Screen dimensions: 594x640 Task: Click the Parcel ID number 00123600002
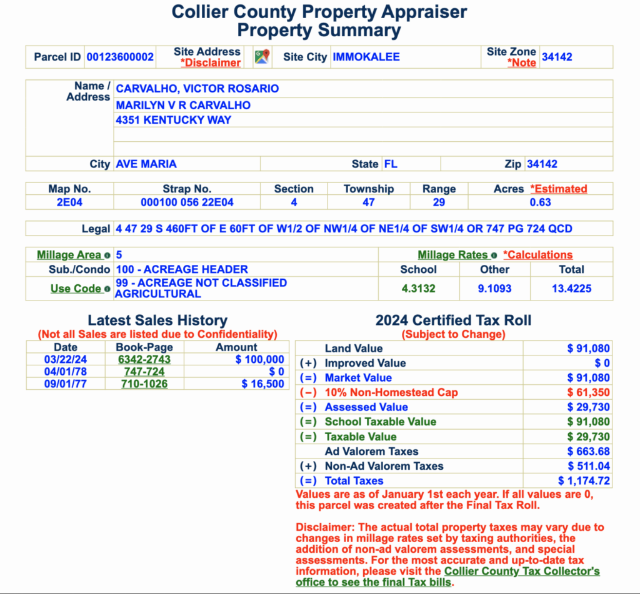tap(120, 57)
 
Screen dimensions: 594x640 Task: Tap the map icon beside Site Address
tap(261, 57)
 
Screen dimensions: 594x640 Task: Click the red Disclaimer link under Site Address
tap(211, 62)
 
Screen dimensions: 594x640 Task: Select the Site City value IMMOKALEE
tap(366, 57)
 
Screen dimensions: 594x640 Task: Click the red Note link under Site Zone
tap(522, 62)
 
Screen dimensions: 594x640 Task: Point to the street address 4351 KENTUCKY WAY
tap(174, 120)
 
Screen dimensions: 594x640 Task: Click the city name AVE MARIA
tap(146, 164)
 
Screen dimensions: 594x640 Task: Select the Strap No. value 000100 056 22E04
tap(187, 202)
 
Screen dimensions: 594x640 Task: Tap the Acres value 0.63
tap(540, 202)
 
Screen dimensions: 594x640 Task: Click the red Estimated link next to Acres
tap(559, 189)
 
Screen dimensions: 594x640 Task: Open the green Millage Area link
tap(69, 255)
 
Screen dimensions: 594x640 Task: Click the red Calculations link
tap(538, 255)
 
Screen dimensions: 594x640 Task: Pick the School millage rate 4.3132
tap(418, 289)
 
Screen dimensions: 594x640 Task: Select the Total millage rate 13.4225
tap(571, 289)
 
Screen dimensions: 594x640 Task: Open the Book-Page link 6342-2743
tap(144, 359)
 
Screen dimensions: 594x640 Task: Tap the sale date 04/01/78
tap(66, 372)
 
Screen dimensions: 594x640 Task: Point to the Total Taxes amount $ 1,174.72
tap(584, 481)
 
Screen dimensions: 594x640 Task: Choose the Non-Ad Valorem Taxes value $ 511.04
tap(589, 466)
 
